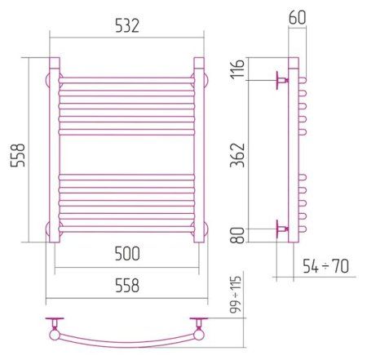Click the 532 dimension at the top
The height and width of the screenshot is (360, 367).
point(126,26)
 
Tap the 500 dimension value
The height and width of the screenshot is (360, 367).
point(126,255)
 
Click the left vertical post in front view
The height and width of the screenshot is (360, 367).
point(55,150)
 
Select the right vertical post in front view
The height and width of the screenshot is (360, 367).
point(198,150)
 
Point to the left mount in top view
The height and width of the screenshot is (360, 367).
point(54,327)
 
